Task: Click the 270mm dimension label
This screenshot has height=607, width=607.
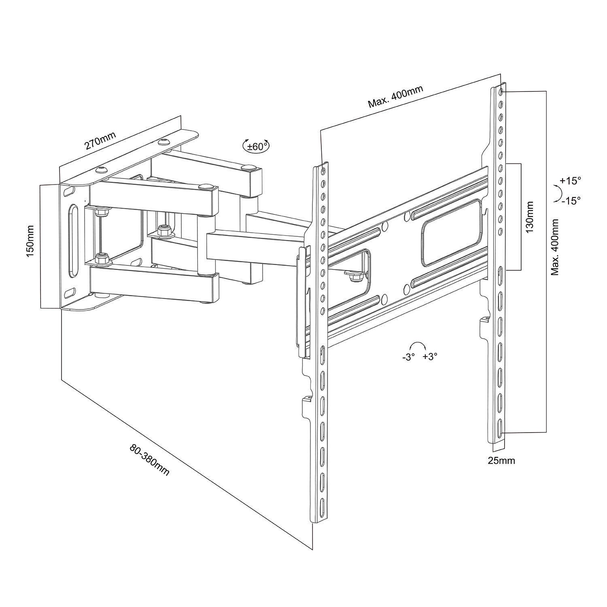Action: (x=100, y=140)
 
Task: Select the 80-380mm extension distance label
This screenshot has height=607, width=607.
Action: (x=149, y=460)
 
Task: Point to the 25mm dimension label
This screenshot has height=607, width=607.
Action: (x=501, y=461)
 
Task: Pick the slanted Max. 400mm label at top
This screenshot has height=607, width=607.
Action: (x=395, y=97)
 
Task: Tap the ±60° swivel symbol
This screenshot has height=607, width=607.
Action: (x=255, y=146)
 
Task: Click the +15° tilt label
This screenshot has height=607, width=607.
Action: (x=570, y=181)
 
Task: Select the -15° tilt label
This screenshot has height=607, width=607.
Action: (x=570, y=200)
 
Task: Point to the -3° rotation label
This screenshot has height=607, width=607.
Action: (x=408, y=357)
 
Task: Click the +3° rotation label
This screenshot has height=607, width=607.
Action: (x=430, y=357)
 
